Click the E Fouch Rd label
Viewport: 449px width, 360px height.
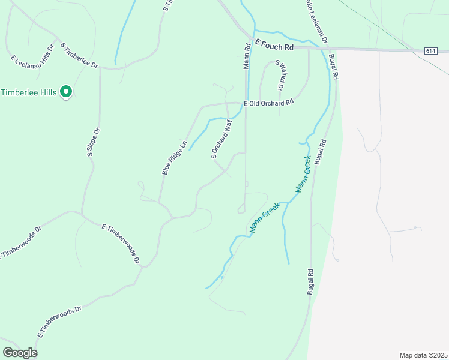click(x=274, y=46)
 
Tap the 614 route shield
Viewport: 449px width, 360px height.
click(x=430, y=51)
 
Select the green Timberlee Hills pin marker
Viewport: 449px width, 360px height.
click(x=67, y=92)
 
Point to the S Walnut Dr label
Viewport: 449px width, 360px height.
click(x=279, y=74)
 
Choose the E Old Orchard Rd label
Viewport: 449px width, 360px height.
click(x=268, y=103)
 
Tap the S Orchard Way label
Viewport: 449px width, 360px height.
click(x=221, y=139)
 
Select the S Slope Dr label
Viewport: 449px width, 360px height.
click(x=92, y=142)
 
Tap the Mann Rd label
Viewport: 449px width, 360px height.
click(x=247, y=55)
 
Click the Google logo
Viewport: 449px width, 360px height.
click(x=20, y=352)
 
